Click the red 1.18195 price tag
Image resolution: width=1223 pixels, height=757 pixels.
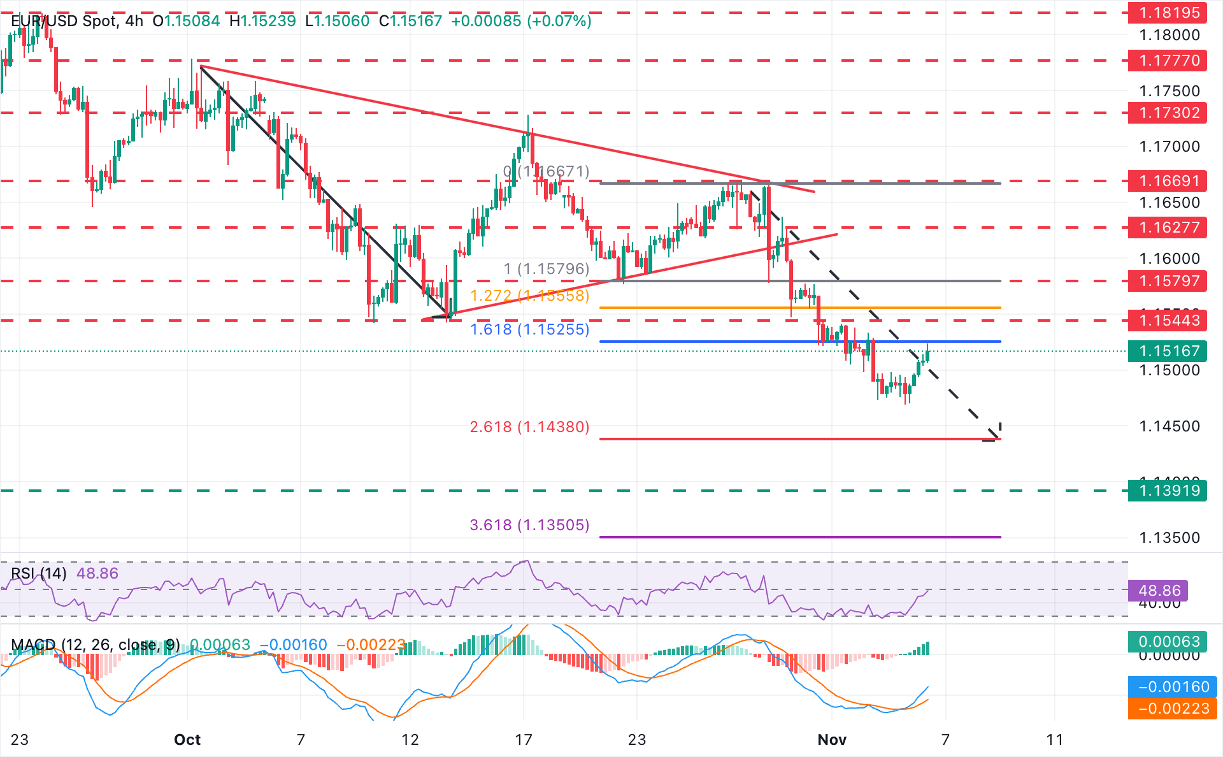[1167, 13]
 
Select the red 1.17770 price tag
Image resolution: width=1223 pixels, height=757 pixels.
[1167, 61]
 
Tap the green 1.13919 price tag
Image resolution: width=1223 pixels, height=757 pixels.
[1167, 491]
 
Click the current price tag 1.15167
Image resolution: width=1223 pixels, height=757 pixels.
[1167, 351]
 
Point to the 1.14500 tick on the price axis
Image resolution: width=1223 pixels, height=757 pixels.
[1169, 426]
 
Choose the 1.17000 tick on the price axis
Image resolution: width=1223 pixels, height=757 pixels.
[1169, 147]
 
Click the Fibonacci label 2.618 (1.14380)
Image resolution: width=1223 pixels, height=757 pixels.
[529, 427]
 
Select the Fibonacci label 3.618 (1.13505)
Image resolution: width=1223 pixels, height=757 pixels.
[529, 525]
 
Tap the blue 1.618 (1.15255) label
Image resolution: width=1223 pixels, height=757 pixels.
[529, 329]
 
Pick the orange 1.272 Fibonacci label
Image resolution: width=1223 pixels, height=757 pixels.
[529, 296]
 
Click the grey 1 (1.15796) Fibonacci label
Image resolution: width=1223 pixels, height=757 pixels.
[547, 269]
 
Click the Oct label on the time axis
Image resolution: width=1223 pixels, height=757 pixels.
[187, 740]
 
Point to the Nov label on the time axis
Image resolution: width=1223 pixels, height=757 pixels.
[832, 740]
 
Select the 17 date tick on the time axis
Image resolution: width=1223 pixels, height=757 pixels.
[524, 740]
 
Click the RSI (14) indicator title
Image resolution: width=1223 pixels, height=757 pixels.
[39, 573]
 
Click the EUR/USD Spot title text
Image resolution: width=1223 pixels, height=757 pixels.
[64, 21]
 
